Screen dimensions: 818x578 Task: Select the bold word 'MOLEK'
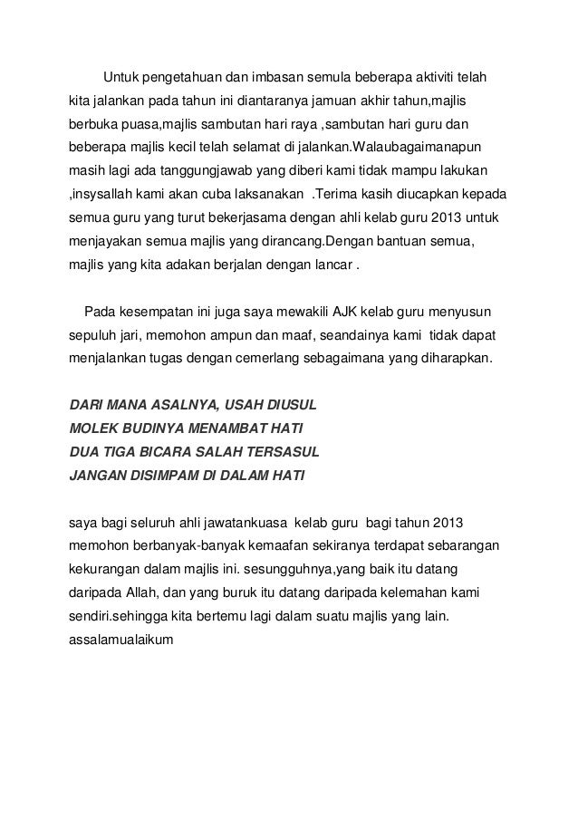(95, 426)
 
